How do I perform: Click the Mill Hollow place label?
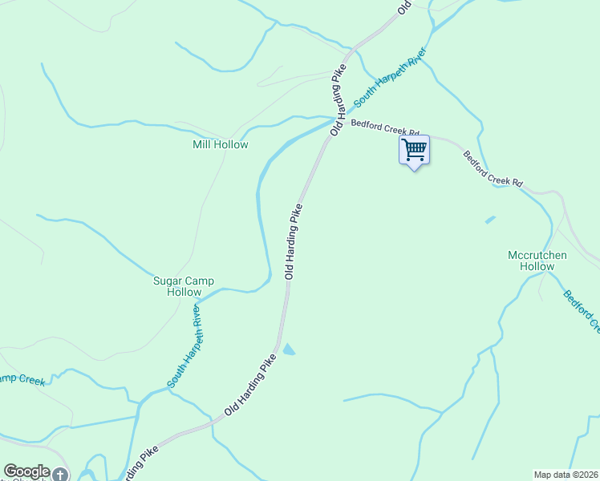click(x=220, y=145)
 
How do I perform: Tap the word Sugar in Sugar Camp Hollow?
click(x=168, y=281)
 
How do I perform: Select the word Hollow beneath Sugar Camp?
click(x=184, y=293)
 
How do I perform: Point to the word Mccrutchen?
click(x=537, y=256)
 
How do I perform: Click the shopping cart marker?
click(x=414, y=150)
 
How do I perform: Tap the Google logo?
click(x=26, y=471)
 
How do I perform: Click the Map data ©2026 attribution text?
click(x=566, y=475)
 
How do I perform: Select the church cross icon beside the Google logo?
click(x=60, y=475)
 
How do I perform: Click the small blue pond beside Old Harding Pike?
click(x=288, y=349)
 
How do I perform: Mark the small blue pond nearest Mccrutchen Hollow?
click(x=490, y=219)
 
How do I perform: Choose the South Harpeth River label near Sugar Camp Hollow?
click(x=184, y=346)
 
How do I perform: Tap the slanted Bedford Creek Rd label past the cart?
click(x=493, y=167)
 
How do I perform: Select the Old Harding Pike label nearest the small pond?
click(x=255, y=388)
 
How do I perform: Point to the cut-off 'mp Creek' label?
click(x=22, y=380)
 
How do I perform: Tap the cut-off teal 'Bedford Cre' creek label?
click(x=582, y=311)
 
